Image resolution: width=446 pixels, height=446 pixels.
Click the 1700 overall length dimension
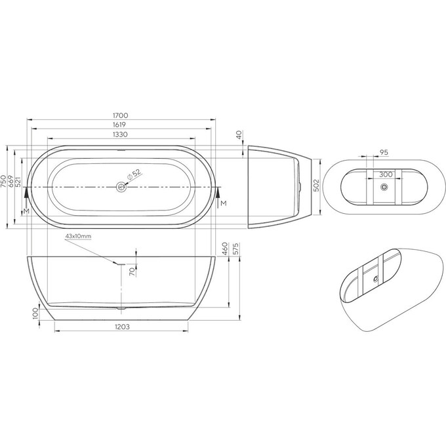[x=120, y=115]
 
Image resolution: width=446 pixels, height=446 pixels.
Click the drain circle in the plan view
[x=121, y=187]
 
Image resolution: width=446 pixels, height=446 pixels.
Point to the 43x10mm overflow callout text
[x=78, y=235]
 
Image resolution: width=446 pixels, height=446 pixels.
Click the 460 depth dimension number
[x=224, y=249]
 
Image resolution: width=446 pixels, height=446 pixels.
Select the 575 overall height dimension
[x=234, y=249]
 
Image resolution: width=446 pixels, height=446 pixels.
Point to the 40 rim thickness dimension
[x=240, y=134]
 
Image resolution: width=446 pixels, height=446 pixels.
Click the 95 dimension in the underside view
[x=384, y=152]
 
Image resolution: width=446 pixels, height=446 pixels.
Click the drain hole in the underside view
[x=384, y=188]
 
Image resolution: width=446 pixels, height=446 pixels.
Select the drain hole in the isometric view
[x=376, y=278]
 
